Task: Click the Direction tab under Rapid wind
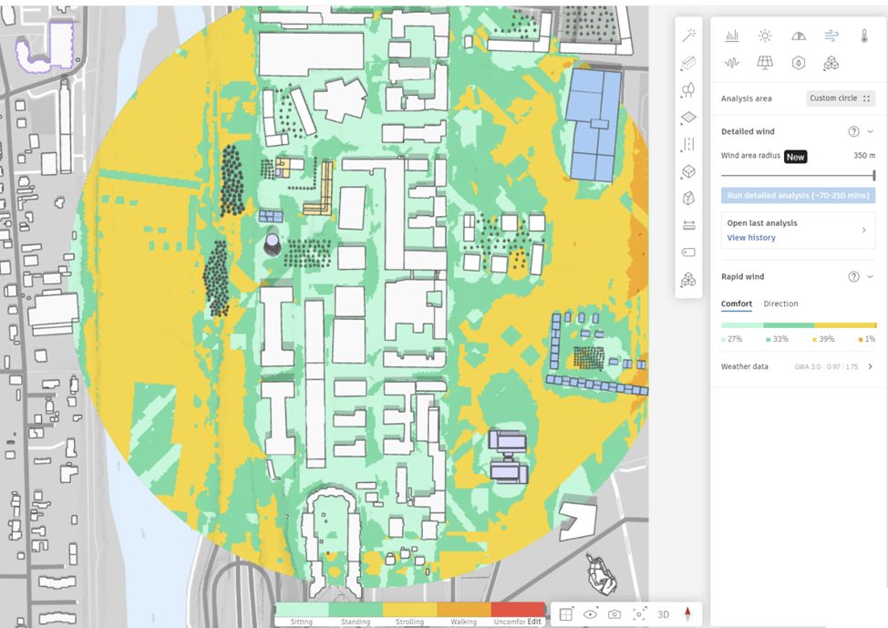tap(780, 304)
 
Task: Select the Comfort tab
tap(736, 304)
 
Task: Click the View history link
tap(750, 238)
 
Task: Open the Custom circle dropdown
tap(840, 98)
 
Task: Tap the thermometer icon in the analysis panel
tap(863, 36)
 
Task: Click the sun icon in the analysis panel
tap(765, 36)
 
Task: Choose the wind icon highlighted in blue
tap(831, 36)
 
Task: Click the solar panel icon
tap(765, 63)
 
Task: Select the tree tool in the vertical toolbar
tap(688, 89)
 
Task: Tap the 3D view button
tap(663, 614)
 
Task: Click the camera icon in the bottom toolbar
tap(614, 614)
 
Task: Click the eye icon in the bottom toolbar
tap(591, 614)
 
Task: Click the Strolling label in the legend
tap(409, 622)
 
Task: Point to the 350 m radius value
tap(863, 156)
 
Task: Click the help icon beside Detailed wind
tap(853, 131)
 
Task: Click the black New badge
tap(796, 157)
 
